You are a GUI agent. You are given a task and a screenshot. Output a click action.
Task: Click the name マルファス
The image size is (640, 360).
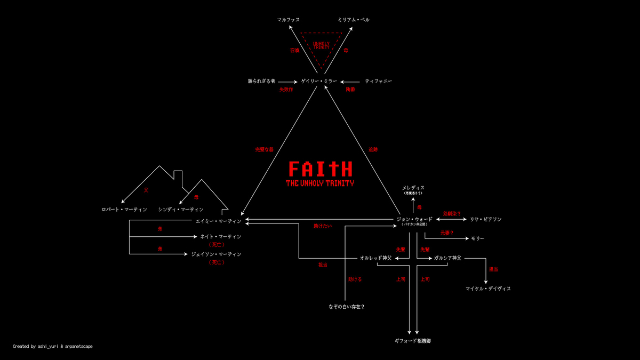pyautogui.click(x=289, y=20)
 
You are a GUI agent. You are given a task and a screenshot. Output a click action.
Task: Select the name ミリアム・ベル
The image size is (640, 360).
pyautogui.click(x=354, y=20)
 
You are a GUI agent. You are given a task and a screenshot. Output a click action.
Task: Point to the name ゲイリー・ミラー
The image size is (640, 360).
pyautogui.click(x=319, y=81)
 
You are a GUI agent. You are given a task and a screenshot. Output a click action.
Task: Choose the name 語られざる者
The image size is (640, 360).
pyautogui.click(x=261, y=81)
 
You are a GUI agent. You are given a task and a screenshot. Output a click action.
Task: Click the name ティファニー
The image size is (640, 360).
pyautogui.click(x=378, y=81)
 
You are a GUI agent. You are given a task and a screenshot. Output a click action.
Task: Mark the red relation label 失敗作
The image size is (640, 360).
pyautogui.click(x=286, y=90)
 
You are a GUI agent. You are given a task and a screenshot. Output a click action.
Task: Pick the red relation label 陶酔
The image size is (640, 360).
pyautogui.click(x=350, y=90)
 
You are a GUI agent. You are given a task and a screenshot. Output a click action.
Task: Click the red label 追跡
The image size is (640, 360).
pyautogui.click(x=373, y=150)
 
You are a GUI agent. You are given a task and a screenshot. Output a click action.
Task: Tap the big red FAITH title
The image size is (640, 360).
pyautogui.click(x=320, y=169)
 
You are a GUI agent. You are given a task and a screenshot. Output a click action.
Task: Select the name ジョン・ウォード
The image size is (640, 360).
pyautogui.click(x=414, y=219)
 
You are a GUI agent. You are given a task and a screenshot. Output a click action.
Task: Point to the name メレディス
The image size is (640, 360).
pyautogui.click(x=413, y=188)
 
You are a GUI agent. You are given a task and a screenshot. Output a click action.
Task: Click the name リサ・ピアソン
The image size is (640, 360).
pyautogui.click(x=485, y=219)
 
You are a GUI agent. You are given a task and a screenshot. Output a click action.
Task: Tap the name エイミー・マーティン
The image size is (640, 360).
pyautogui.click(x=219, y=221)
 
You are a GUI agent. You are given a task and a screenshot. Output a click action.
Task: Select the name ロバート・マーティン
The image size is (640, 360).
pyautogui.click(x=124, y=210)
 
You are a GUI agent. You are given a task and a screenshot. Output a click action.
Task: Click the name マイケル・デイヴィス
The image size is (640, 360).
pyautogui.click(x=488, y=289)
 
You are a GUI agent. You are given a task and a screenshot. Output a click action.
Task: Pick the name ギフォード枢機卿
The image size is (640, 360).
pyautogui.click(x=413, y=340)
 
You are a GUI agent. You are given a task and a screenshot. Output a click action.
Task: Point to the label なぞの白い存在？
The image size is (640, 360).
pyautogui.click(x=347, y=307)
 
